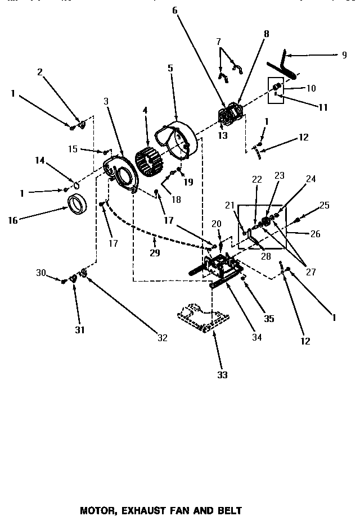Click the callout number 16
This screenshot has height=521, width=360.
click(12, 220)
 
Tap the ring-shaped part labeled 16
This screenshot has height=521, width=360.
click(79, 203)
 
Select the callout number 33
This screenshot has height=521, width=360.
click(223, 375)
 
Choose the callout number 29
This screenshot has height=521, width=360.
click(155, 253)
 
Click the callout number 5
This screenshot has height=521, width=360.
click(170, 68)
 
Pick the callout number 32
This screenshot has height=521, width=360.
click(162, 338)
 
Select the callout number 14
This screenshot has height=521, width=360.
click(40, 160)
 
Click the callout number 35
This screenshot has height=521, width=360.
click(269, 319)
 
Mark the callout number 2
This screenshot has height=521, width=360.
click(40, 71)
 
